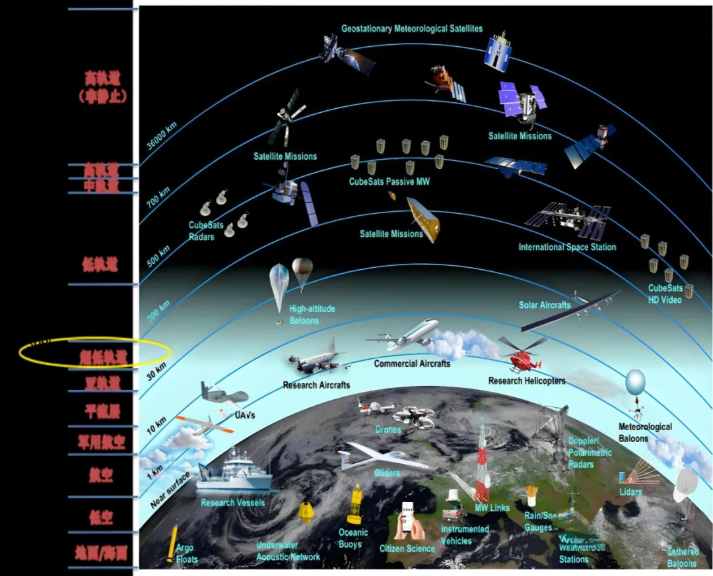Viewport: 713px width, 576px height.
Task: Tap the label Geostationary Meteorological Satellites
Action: tap(411, 29)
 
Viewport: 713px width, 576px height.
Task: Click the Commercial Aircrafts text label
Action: tap(412, 364)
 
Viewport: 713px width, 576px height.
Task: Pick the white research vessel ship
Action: tap(236, 474)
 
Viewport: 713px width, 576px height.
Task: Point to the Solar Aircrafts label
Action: tap(545, 305)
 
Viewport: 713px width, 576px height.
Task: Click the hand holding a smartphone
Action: tap(407, 521)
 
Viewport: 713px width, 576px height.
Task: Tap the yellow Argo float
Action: tap(174, 542)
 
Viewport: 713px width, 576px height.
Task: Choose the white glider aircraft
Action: tap(383, 456)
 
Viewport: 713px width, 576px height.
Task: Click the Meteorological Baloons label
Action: tap(645, 432)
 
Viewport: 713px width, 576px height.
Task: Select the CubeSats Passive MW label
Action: tap(389, 181)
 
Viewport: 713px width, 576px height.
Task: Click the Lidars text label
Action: tap(630, 492)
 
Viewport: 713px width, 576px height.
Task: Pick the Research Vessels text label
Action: tap(233, 503)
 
